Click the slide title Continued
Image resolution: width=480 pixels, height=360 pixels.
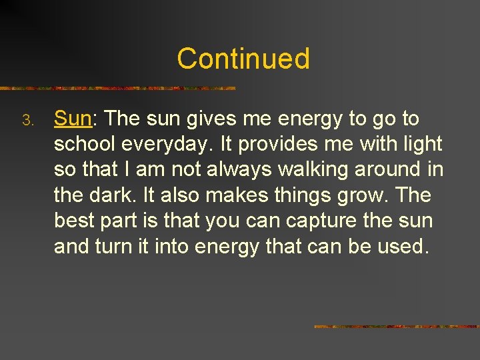[243, 59]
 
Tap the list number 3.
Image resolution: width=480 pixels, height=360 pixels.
[27, 121]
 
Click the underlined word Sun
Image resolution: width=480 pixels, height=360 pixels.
[72, 119]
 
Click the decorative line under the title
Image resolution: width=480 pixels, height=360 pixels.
[118, 88]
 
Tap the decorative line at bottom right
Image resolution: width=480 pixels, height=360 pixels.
[397, 327]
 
